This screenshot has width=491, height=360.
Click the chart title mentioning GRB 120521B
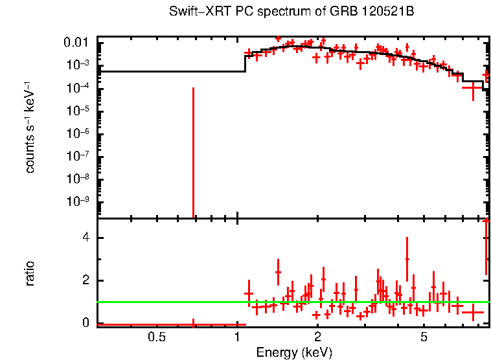click(291, 12)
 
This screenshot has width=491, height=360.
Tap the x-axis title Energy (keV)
click(293, 352)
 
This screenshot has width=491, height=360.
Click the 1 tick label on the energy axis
click(237, 337)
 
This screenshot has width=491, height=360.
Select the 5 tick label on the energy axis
click(424, 337)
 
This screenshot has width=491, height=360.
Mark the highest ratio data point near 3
click(407, 259)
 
